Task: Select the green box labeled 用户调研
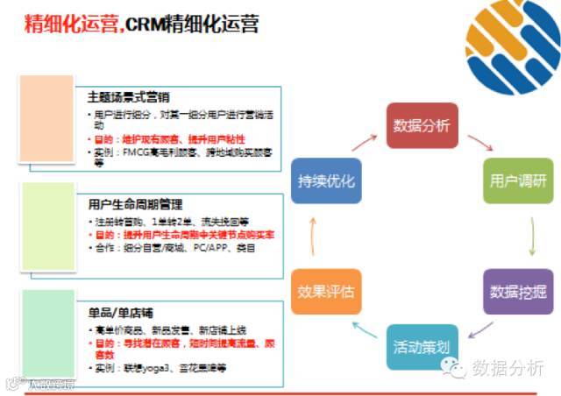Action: [x=518, y=180]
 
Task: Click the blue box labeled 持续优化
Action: [x=326, y=180]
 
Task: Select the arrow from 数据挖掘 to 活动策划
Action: [x=480, y=330]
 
